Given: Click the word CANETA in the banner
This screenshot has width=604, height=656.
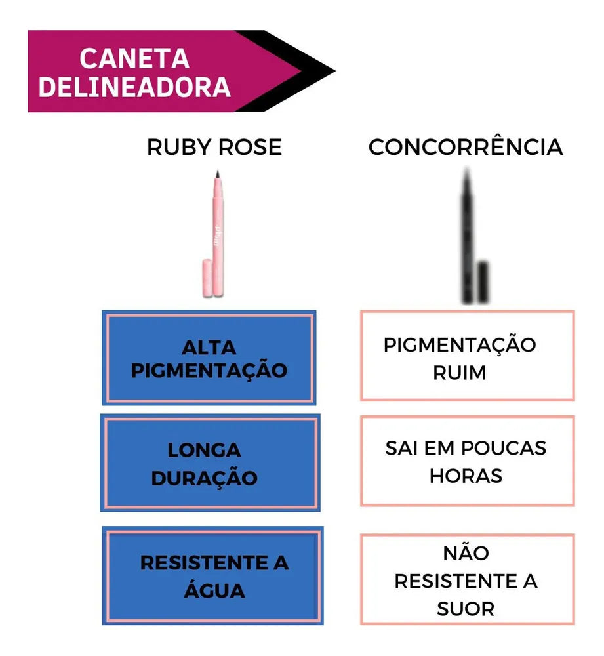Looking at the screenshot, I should [x=134, y=58].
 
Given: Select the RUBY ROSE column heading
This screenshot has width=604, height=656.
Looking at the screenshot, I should [x=214, y=147].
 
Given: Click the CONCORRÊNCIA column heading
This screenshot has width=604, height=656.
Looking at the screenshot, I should [x=466, y=147].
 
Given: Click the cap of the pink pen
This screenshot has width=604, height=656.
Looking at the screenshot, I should [x=207, y=277].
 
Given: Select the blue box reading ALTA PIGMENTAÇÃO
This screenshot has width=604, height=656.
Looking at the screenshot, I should [x=209, y=358].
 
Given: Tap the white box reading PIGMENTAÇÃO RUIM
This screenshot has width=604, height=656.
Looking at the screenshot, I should [x=467, y=356].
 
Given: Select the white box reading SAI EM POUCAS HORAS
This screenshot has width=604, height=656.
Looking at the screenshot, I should [x=467, y=461].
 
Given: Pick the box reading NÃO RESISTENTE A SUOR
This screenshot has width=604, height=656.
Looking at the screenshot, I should [x=467, y=579].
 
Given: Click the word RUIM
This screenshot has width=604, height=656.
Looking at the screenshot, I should [x=460, y=373].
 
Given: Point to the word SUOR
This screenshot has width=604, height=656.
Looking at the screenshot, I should [x=466, y=609].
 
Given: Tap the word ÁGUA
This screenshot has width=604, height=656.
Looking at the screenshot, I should [x=214, y=590].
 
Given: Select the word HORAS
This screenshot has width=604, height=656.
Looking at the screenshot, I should [x=466, y=476].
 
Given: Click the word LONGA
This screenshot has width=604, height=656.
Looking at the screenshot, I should [x=204, y=450].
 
